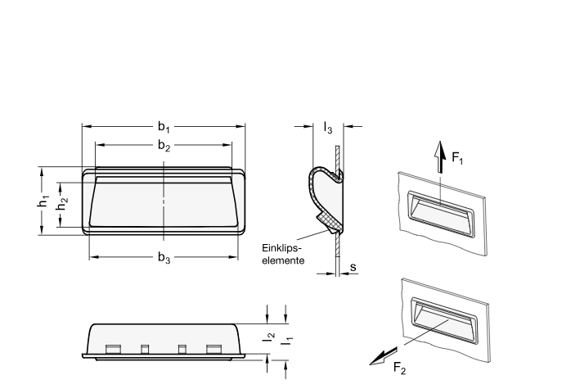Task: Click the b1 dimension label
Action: tap(164, 127)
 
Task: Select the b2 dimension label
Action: tap(164, 146)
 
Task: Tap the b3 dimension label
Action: tap(164, 258)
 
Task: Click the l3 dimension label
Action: tap(327, 128)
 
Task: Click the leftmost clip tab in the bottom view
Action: tap(113, 350)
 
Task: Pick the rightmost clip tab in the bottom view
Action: tap(214, 350)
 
